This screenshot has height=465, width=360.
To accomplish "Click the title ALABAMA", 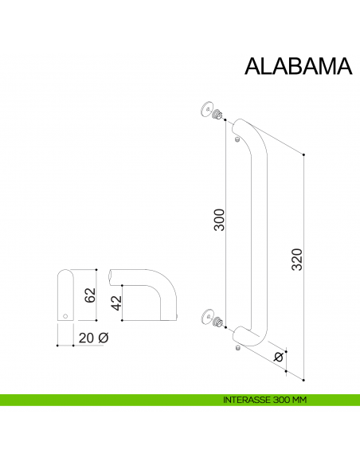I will click(x=297, y=67).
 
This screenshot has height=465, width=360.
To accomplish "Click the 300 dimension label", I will click(x=220, y=220).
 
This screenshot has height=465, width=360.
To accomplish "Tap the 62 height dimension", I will click(x=90, y=295).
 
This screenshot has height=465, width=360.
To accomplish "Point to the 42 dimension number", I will click(x=115, y=303).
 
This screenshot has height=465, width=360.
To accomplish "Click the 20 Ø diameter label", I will click(x=93, y=338).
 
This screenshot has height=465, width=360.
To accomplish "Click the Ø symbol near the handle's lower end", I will click(x=278, y=357).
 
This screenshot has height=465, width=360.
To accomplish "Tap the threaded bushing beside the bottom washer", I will click(x=217, y=322).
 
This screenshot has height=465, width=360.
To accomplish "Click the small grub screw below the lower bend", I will click(x=237, y=347).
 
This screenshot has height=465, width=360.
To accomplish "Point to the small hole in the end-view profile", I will click(x=65, y=316).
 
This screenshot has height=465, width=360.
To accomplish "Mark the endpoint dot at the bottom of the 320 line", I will click(x=303, y=376).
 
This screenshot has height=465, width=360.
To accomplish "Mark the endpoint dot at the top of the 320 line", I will click(x=303, y=154).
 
